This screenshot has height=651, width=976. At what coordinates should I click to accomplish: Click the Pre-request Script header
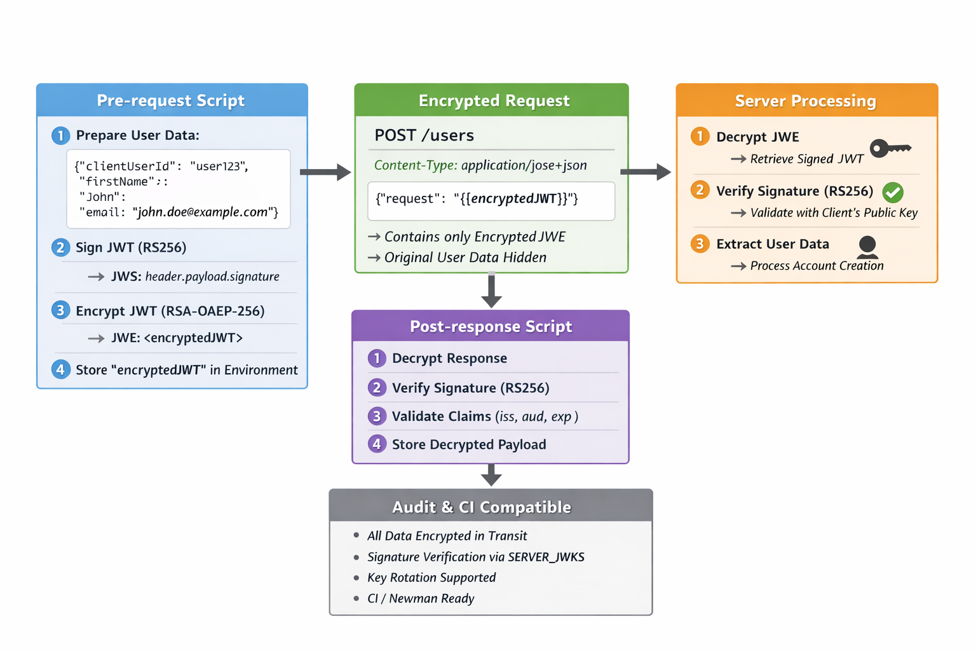click(x=171, y=100)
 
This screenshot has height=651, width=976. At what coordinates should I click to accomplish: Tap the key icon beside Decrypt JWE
click(x=890, y=148)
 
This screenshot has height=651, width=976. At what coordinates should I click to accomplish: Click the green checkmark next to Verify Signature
click(x=893, y=192)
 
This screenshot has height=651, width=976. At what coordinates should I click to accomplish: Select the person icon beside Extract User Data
click(x=867, y=247)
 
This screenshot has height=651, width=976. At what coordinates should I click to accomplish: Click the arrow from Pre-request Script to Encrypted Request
click(x=325, y=172)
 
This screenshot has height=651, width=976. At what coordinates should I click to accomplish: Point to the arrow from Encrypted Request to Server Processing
click(x=646, y=172)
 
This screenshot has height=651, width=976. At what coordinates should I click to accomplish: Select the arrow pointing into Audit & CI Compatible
click(x=491, y=475)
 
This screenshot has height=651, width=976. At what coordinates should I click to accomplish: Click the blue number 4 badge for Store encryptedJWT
click(x=60, y=369)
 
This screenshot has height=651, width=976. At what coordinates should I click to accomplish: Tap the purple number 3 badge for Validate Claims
click(x=377, y=416)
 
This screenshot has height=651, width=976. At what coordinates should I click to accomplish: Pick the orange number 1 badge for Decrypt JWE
click(x=700, y=137)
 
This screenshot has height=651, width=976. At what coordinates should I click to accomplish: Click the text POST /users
click(x=424, y=135)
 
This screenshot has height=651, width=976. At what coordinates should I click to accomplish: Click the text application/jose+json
click(x=524, y=165)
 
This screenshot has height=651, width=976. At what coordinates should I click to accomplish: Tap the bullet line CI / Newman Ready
click(x=421, y=598)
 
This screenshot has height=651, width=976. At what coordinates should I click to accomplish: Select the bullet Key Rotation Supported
click(x=431, y=577)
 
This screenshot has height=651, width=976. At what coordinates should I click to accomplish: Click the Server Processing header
click(x=806, y=100)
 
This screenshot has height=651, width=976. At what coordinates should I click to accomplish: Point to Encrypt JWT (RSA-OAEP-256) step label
click(x=170, y=311)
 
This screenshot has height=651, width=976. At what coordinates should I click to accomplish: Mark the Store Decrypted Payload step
click(x=468, y=444)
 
